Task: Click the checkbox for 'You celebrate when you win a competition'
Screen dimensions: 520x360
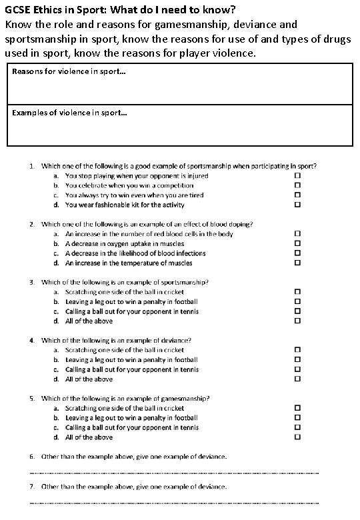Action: (x=298, y=185)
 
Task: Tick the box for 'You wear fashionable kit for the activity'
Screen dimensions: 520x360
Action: (x=298, y=205)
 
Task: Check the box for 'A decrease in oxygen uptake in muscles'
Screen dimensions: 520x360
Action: (x=298, y=243)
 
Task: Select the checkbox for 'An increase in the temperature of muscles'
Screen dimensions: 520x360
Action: (x=298, y=263)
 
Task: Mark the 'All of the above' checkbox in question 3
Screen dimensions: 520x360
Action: (x=298, y=321)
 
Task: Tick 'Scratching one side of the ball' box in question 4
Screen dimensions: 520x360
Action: (x=298, y=349)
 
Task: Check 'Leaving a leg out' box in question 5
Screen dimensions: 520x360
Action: (x=298, y=417)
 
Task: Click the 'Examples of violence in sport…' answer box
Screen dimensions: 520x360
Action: (x=179, y=125)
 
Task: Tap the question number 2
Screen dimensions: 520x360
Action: (x=33, y=224)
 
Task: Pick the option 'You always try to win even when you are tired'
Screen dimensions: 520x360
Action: (x=134, y=195)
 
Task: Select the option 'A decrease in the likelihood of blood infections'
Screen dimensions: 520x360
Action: (x=135, y=253)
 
